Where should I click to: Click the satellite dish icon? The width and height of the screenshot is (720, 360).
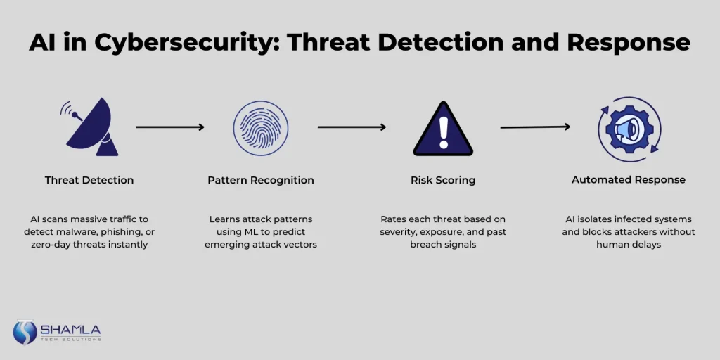point(92,129)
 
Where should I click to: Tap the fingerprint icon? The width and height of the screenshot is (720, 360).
point(261,128)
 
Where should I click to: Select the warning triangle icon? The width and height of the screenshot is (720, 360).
point(443,129)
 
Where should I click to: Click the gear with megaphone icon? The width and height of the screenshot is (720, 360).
point(630,129)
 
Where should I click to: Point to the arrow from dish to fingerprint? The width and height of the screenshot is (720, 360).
point(170,127)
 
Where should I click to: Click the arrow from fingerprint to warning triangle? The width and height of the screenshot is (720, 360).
point(352,127)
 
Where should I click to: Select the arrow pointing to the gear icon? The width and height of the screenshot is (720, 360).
point(535,127)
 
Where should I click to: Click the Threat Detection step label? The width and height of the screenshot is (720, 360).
point(89,180)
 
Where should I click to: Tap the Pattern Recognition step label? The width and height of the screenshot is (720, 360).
point(261,180)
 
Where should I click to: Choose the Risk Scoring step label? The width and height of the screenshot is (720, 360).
point(443,180)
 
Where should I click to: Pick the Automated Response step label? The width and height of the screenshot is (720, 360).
point(629,180)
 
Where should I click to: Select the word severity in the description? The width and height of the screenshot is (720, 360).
point(397,232)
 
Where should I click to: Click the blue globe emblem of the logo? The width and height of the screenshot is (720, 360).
point(25,332)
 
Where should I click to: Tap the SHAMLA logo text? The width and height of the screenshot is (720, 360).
point(71,330)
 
